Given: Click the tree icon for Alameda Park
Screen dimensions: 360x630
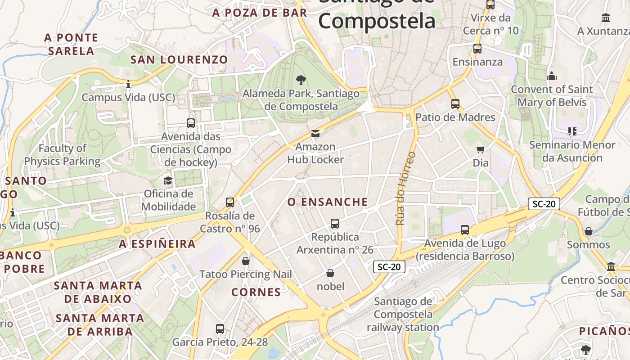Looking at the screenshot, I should click(x=301, y=81).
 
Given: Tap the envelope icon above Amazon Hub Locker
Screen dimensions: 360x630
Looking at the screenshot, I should click(x=315, y=134).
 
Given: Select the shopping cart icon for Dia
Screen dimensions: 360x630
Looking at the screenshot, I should click(x=480, y=149).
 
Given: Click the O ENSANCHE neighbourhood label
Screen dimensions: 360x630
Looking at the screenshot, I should click(x=328, y=202).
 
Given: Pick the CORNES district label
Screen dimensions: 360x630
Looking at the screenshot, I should click(x=256, y=292).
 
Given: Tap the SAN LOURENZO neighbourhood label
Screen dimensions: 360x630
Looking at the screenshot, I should click(x=179, y=59).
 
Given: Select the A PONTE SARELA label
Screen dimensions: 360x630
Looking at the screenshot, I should click(x=71, y=44).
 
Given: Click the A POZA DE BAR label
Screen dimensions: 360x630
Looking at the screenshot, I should click(x=260, y=13).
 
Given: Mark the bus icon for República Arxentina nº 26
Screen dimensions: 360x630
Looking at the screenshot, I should click(x=334, y=224).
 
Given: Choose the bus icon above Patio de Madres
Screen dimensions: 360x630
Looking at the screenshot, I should click(x=455, y=104).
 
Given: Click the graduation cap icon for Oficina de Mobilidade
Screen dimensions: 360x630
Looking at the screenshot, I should click(x=168, y=181).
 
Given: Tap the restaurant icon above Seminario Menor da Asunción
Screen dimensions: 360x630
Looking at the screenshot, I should click(x=572, y=131).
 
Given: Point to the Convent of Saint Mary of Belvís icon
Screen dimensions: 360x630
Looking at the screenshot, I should click(x=552, y=76).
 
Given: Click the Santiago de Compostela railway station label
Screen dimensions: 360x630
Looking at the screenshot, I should click(x=403, y=314).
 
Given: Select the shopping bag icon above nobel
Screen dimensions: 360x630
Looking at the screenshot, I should click(x=330, y=273).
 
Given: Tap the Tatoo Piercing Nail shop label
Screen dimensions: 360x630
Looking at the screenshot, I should click(x=245, y=274).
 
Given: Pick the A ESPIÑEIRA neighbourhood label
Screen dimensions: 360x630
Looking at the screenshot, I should click(x=157, y=244).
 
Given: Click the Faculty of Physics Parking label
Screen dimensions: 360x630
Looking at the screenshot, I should click(x=62, y=154).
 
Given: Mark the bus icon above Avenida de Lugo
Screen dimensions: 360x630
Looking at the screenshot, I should click(x=465, y=230).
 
